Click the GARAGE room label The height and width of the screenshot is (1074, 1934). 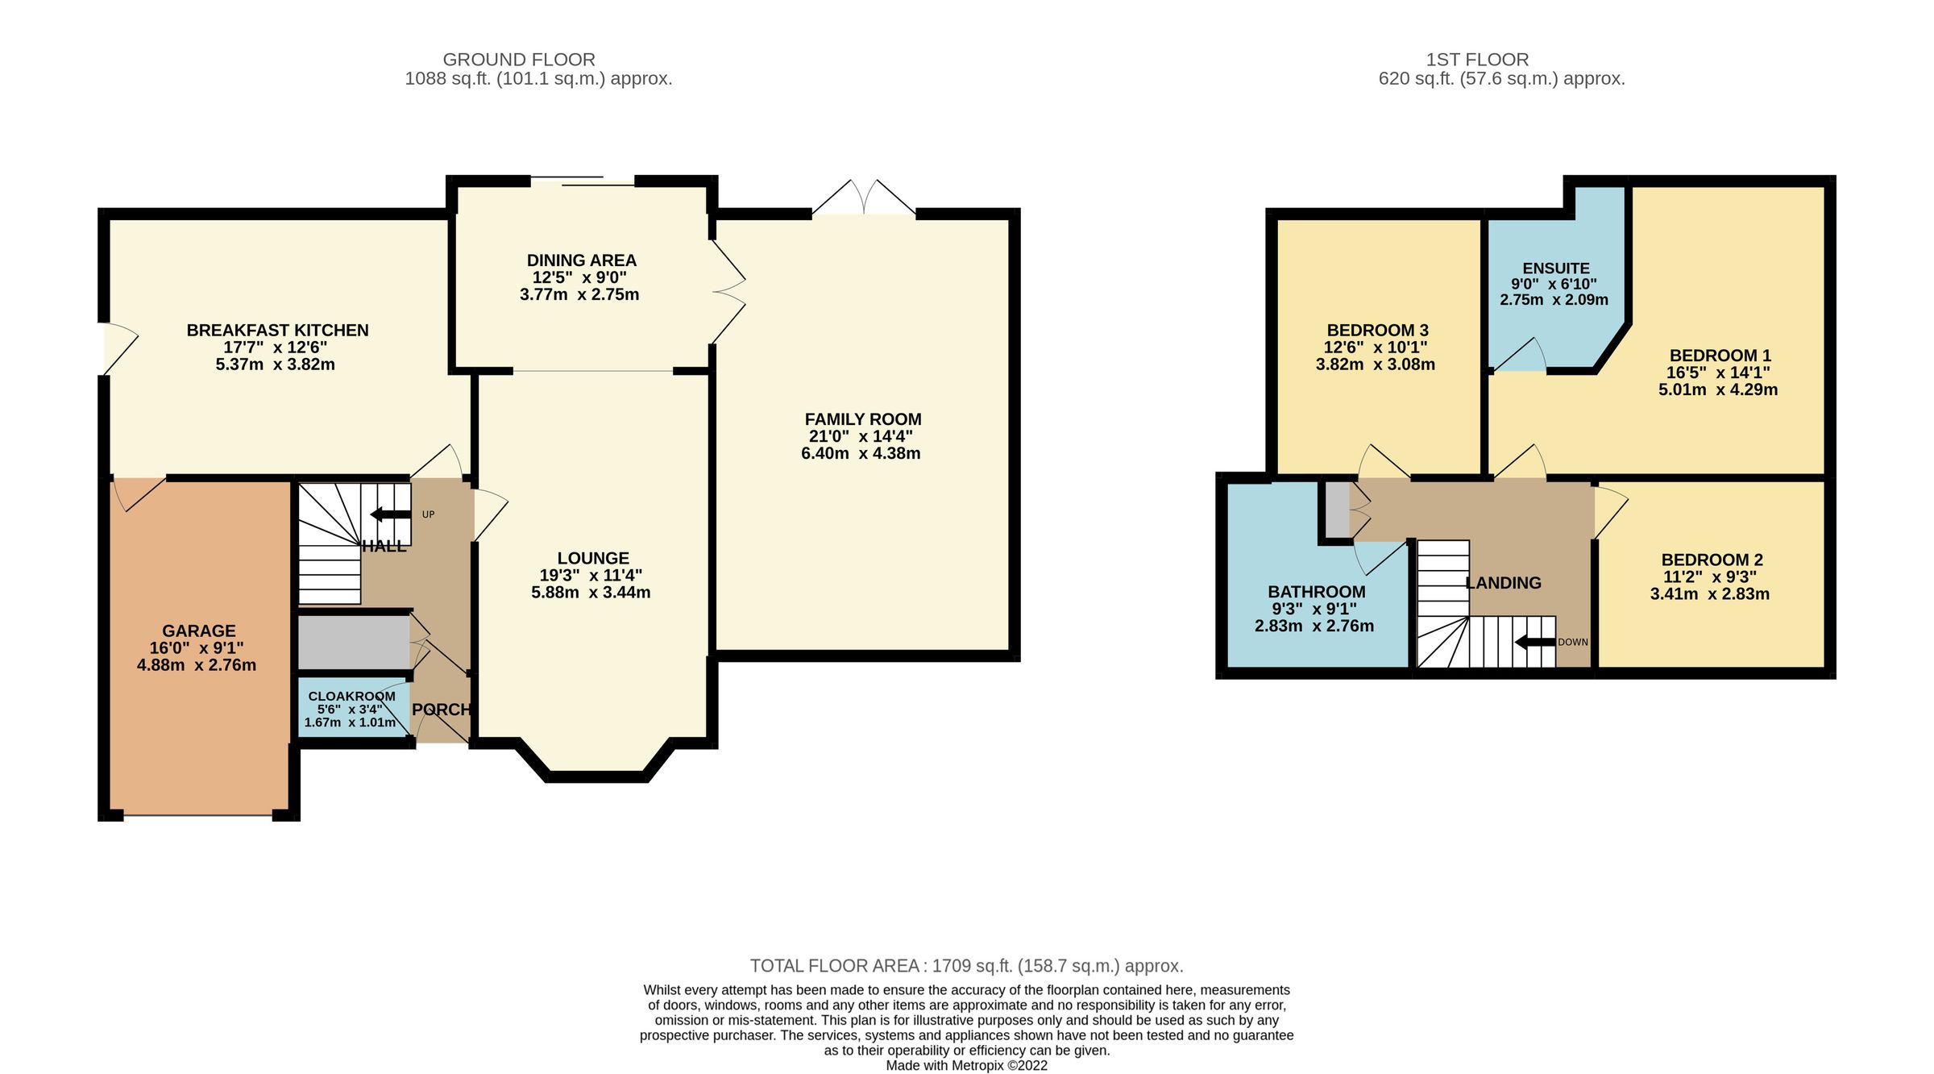[198, 631]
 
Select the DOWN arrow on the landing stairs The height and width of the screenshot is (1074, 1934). [1536, 643]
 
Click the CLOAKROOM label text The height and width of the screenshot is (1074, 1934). [351, 696]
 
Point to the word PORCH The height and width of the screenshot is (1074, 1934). [441, 710]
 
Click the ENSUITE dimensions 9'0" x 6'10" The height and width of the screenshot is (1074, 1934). [1554, 284]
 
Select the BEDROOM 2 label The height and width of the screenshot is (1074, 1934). [1712, 560]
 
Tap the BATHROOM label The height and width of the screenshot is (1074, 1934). [1317, 592]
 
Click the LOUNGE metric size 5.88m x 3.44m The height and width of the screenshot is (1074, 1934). [591, 593]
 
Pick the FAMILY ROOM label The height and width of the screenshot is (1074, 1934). [862, 419]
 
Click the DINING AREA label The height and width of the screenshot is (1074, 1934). [581, 260]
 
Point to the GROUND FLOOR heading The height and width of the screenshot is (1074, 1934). [519, 60]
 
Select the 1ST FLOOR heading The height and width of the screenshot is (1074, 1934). [1477, 60]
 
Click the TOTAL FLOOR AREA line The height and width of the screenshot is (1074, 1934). [966, 966]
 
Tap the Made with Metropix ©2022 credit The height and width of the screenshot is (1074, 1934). [966, 1065]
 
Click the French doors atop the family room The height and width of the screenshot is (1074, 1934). [863, 198]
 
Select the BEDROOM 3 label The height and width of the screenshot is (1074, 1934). [1377, 330]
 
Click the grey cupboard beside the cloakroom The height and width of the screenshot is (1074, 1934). [353, 643]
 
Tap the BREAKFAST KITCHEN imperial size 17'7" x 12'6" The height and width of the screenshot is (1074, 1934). [276, 348]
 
